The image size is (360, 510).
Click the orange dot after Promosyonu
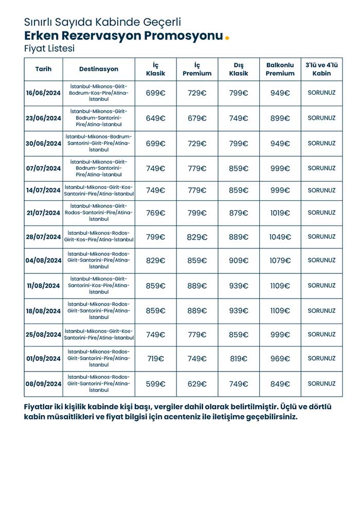point(227,38)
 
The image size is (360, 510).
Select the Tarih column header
point(43,69)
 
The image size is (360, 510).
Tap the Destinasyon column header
point(99,69)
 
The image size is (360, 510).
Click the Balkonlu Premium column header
point(280,69)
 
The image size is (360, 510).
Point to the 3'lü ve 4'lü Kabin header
point(321,69)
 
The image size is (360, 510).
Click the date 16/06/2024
point(43,93)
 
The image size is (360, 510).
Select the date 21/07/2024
point(43,213)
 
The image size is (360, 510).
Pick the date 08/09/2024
point(43,384)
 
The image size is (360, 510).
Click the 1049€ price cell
point(280,237)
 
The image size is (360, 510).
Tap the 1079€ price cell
point(280,260)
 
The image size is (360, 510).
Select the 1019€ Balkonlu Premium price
point(280,213)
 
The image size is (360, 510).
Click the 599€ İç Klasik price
point(155,384)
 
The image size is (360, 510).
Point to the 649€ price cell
point(155,118)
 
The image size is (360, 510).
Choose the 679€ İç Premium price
point(197,118)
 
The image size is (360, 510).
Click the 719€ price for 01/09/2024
point(155,359)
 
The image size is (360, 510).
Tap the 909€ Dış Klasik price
point(239,260)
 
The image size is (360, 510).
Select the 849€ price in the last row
point(280,384)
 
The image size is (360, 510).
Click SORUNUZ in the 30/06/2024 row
point(321,144)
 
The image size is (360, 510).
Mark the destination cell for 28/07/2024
point(99,237)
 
